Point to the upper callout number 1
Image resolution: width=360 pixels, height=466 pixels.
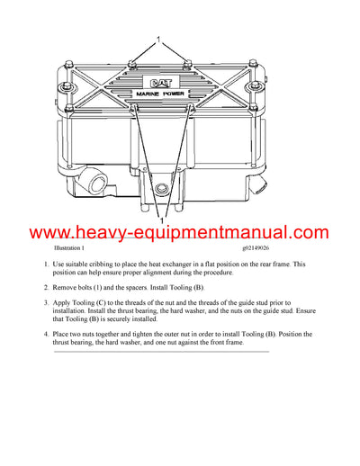(157, 40)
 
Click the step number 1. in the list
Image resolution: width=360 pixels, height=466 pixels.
(46, 264)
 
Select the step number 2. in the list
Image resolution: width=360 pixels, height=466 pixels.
(46, 286)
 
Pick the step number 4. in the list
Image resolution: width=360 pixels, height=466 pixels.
(46, 335)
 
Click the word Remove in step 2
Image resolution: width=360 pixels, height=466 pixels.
(69, 286)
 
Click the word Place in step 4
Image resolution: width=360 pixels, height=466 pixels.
(65, 335)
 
